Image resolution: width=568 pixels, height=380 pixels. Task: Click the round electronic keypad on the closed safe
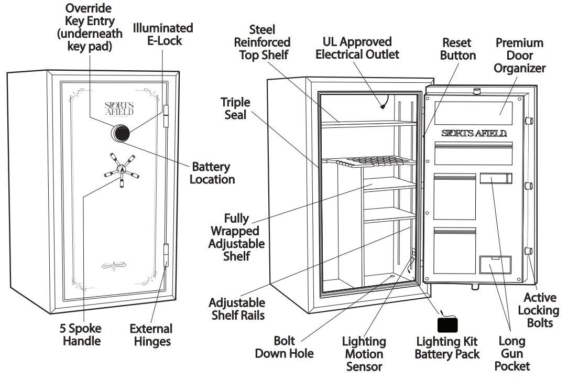pyautogui.click(x=120, y=133)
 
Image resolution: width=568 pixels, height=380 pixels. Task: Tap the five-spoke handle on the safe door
pyautogui.click(x=122, y=169)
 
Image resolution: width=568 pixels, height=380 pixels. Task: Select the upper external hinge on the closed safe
pyautogui.click(x=167, y=115)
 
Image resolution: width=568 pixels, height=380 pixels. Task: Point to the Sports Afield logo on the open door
pyautogui.click(x=474, y=133)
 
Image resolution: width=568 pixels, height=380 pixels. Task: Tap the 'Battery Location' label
pyautogui.click(x=212, y=173)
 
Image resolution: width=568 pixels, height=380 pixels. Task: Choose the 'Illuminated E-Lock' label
pyautogui.click(x=162, y=34)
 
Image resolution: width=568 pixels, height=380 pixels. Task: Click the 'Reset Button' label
pyautogui.click(x=457, y=49)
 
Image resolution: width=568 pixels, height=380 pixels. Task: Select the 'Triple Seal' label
pyautogui.click(x=235, y=108)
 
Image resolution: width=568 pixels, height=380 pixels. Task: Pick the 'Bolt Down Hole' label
pyautogui.click(x=284, y=347)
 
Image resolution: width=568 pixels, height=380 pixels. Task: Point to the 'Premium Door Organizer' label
pyautogui.click(x=519, y=55)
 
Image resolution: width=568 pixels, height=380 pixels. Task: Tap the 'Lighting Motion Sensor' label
pyautogui.click(x=364, y=354)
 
